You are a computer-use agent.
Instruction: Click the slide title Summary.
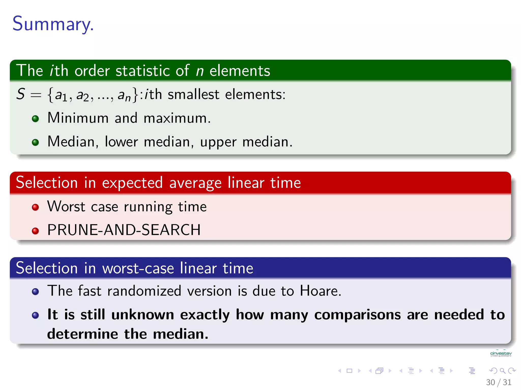tap(53, 24)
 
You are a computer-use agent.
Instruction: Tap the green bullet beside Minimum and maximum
tap(35, 119)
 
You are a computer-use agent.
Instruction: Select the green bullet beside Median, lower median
tap(35, 142)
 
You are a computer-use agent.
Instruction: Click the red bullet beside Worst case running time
tap(35, 207)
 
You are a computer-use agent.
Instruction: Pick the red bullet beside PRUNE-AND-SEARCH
tap(35, 231)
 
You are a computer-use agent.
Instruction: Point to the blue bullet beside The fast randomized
tap(35, 291)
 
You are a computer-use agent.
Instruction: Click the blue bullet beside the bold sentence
tap(35, 315)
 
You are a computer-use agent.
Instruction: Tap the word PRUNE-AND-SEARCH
tap(124, 230)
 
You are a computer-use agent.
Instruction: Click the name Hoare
tap(320, 291)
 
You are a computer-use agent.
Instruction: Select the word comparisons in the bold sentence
tap(357, 315)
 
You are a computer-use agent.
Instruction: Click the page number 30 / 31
tap(498, 382)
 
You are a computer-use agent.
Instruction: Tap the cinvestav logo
tap(501, 354)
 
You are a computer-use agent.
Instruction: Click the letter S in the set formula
tap(21, 94)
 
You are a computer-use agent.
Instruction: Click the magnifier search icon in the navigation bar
tap(502, 371)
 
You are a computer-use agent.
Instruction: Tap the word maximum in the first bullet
tap(177, 118)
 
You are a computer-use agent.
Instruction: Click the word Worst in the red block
tap(66, 206)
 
